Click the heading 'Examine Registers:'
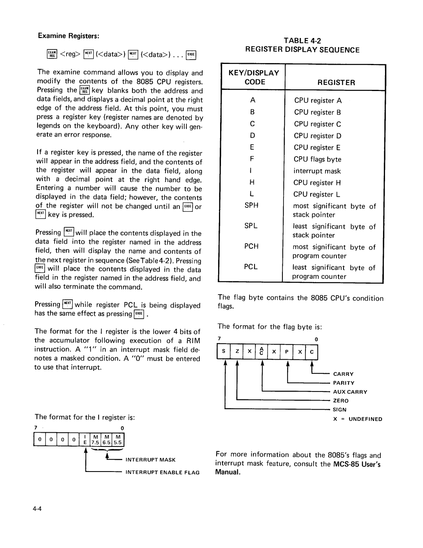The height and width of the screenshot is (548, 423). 69,36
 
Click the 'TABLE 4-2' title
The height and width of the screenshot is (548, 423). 302,40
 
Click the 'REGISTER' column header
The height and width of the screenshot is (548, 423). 336,82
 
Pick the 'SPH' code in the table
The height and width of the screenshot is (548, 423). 251,205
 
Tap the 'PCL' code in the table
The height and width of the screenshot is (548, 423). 251,267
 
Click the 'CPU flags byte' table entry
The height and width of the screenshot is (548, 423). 317,159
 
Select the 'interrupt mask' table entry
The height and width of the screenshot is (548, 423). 317,171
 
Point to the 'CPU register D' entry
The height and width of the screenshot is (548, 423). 317,136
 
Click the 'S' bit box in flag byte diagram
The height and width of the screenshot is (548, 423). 223,352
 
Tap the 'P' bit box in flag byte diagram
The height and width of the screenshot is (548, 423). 287,352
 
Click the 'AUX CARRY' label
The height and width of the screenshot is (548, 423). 350,392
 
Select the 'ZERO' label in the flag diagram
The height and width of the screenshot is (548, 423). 340,401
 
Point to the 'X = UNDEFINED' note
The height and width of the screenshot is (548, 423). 357,419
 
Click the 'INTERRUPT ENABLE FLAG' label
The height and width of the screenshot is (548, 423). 162,473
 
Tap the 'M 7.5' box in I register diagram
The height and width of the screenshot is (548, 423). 96,440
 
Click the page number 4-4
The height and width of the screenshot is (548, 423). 38,509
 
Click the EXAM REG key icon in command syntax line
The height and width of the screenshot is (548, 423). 52,54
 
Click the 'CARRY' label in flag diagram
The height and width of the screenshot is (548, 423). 343,374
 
